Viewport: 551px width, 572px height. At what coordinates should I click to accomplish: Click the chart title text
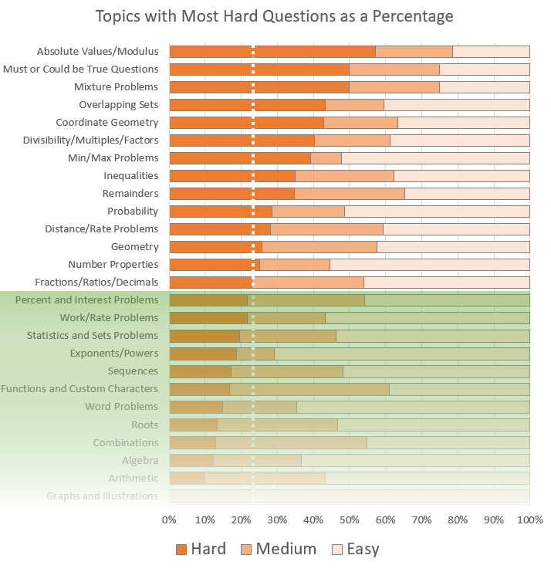tap(274, 16)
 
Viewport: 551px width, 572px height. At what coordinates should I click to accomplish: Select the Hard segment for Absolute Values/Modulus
tap(272, 52)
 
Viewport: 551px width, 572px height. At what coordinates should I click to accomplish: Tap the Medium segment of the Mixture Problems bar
tap(394, 87)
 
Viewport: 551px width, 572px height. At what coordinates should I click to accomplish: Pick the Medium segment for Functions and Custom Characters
tap(309, 389)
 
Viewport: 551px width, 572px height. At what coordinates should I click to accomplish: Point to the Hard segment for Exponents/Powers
tap(202, 354)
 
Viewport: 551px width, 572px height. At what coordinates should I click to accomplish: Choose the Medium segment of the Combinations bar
tap(291, 442)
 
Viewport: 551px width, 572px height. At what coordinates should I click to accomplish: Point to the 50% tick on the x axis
tap(350, 520)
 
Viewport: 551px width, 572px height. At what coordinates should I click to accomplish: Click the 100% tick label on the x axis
tap(529, 520)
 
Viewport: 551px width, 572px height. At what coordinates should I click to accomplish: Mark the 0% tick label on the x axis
tap(169, 520)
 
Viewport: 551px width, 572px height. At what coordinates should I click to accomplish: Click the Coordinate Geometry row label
tap(106, 123)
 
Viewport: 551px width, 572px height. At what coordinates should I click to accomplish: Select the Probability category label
tap(133, 212)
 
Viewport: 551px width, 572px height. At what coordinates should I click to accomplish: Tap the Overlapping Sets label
tap(118, 105)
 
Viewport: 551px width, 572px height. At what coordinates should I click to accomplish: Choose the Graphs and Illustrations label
tap(102, 496)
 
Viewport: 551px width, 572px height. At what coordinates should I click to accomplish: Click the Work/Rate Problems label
tap(109, 318)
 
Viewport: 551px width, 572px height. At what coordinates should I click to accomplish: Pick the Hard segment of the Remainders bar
tap(232, 194)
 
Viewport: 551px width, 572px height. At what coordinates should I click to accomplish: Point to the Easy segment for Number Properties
tap(429, 265)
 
